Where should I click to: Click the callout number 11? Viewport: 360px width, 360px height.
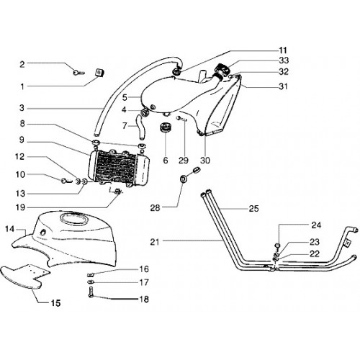coord(283,50)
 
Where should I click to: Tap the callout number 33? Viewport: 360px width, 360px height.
coord(284,60)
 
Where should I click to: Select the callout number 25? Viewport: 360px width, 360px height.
coord(253,209)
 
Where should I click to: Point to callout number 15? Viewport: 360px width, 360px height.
coord(55,303)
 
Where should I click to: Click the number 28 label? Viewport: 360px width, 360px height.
coord(155,207)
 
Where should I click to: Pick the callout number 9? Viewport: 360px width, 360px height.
coord(22,140)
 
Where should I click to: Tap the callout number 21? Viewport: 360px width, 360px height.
coord(155,242)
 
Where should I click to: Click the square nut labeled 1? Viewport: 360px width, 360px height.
coord(99,73)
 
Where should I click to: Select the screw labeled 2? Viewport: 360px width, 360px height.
coord(78,72)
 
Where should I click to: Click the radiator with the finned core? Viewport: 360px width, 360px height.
coord(119,168)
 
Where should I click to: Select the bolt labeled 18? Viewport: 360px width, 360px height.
coord(91,292)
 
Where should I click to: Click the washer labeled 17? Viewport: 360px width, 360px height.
coord(91,282)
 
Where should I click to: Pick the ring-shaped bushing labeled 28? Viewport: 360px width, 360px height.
coord(184,179)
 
